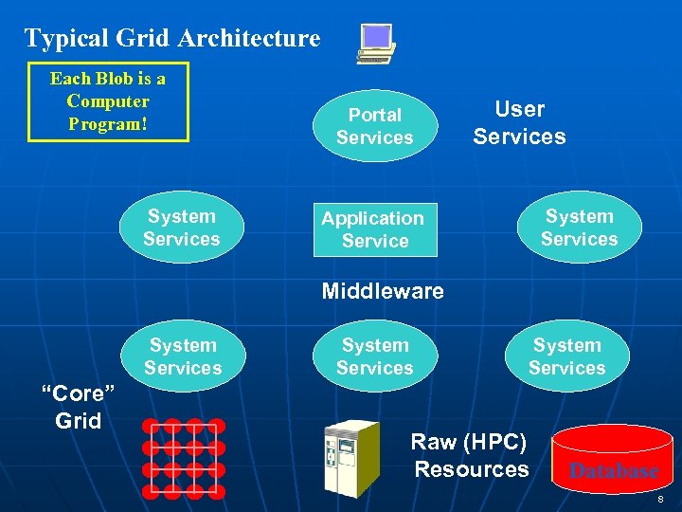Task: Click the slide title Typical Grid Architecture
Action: [172, 39]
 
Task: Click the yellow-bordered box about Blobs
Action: [108, 101]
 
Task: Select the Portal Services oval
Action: [375, 126]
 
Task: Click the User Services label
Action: [519, 123]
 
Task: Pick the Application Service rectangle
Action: [375, 229]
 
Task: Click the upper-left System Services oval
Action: [182, 229]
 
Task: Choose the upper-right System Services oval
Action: [579, 229]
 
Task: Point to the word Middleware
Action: [383, 291]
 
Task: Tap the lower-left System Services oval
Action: [183, 357]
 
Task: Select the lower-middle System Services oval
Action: [375, 357]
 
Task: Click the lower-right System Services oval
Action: [566, 357]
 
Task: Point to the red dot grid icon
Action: [184, 458]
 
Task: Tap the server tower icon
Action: [350, 459]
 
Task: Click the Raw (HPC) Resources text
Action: [471, 456]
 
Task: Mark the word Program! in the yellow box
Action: [107, 124]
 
